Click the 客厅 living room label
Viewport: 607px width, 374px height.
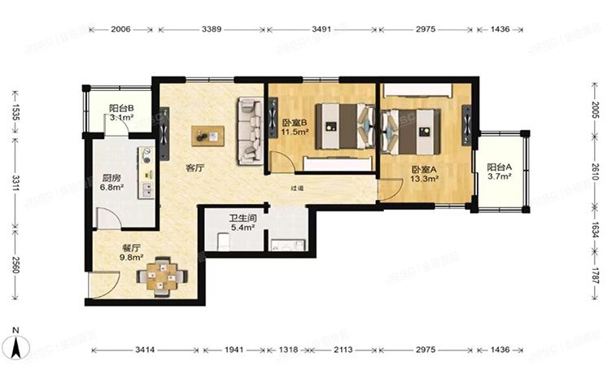pos(194,167)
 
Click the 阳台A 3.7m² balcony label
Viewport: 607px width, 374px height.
pos(500,172)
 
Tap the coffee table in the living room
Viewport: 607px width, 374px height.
pos(209,135)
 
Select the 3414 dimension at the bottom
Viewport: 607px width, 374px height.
pos(145,350)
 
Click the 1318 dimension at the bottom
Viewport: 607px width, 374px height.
pos(288,350)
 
